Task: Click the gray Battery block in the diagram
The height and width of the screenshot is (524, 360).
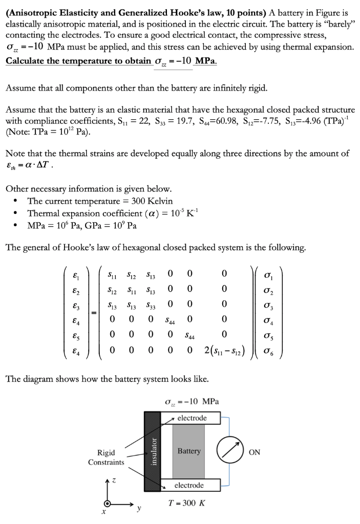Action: (x=189, y=451)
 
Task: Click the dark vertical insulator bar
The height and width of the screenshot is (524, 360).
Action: (x=151, y=451)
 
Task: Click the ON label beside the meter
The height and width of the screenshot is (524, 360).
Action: (x=255, y=452)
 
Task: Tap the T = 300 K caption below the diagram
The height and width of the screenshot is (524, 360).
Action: (x=187, y=503)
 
